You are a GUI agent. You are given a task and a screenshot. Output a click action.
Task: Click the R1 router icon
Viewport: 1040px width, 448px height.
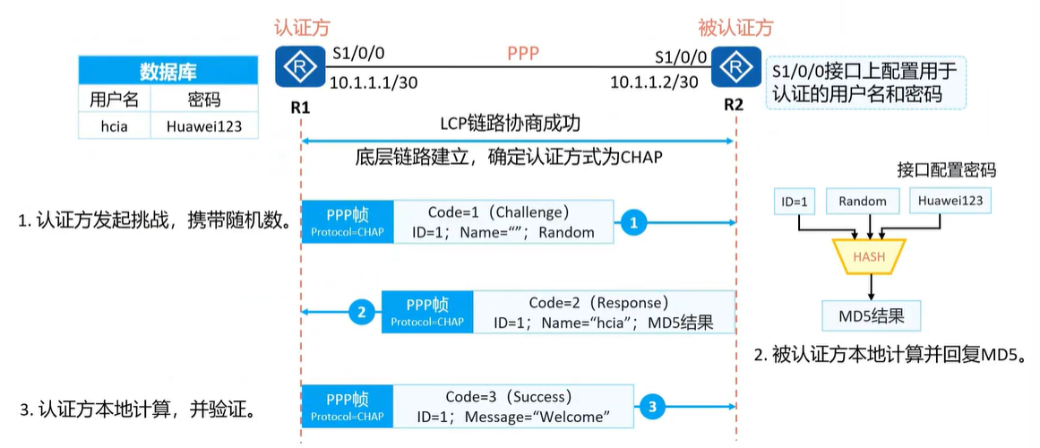(x=301, y=66)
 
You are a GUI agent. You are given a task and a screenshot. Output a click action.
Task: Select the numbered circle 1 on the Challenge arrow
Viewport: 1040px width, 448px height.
(x=633, y=223)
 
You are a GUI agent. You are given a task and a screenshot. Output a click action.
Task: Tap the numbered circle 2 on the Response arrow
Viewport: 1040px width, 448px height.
(x=361, y=313)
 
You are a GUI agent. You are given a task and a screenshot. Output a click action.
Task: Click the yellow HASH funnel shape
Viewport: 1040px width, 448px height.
(x=868, y=258)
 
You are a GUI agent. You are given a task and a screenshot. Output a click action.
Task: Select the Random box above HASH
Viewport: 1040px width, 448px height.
(x=862, y=202)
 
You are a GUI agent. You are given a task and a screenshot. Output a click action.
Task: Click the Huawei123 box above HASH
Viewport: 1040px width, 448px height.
(x=949, y=202)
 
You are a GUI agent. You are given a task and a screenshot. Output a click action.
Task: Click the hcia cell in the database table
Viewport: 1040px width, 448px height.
(x=115, y=126)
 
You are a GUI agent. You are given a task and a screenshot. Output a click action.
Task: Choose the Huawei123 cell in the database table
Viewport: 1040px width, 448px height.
(x=204, y=126)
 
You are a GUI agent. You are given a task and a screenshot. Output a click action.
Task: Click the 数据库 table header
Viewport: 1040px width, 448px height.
(x=168, y=72)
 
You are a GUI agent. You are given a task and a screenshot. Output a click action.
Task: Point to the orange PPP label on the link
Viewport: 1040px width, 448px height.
(x=523, y=53)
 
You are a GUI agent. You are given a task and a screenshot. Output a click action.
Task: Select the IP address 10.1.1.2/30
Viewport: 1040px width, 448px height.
(x=654, y=82)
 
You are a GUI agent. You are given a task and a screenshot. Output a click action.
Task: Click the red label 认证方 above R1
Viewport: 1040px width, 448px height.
(x=303, y=28)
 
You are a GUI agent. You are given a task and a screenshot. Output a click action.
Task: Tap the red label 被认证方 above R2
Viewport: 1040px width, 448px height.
(x=736, y=28)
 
